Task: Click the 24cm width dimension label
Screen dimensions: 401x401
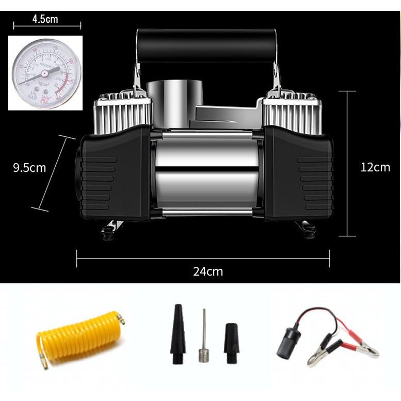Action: click(x=208, y=271)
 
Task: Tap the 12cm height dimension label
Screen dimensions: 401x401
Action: click(x=375, y=167)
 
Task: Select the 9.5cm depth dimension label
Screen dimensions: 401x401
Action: click(x=29, y=168)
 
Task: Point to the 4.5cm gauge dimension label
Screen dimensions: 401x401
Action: click(x=45, y=20)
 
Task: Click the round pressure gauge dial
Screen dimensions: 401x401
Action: click(x=45, y=73)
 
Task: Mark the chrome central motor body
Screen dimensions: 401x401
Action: click(x=206, y=170)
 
